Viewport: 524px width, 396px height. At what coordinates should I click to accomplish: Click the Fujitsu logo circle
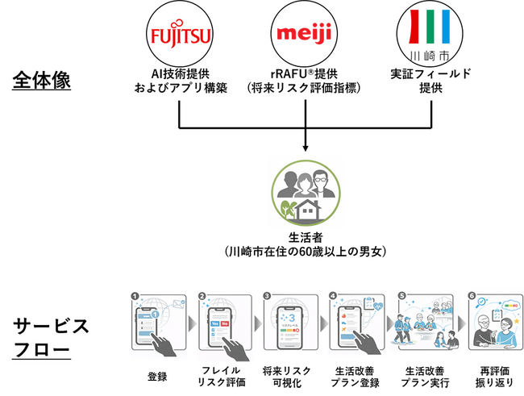pyautogui.click(x=180, y=36)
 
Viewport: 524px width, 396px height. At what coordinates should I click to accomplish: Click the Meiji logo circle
pyautogui.click(x=305, y=35)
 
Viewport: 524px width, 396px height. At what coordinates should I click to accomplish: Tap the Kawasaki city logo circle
pyautogui.click(x=430, y=36)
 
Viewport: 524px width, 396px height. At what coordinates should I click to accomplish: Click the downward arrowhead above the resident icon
pyautogui.click(x=306, y=147)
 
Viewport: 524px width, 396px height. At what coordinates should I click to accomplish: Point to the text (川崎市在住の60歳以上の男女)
pyautogui.click(x=305, y=252)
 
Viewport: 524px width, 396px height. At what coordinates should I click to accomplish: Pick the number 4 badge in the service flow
pyautogui.click(x=332, y=296)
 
